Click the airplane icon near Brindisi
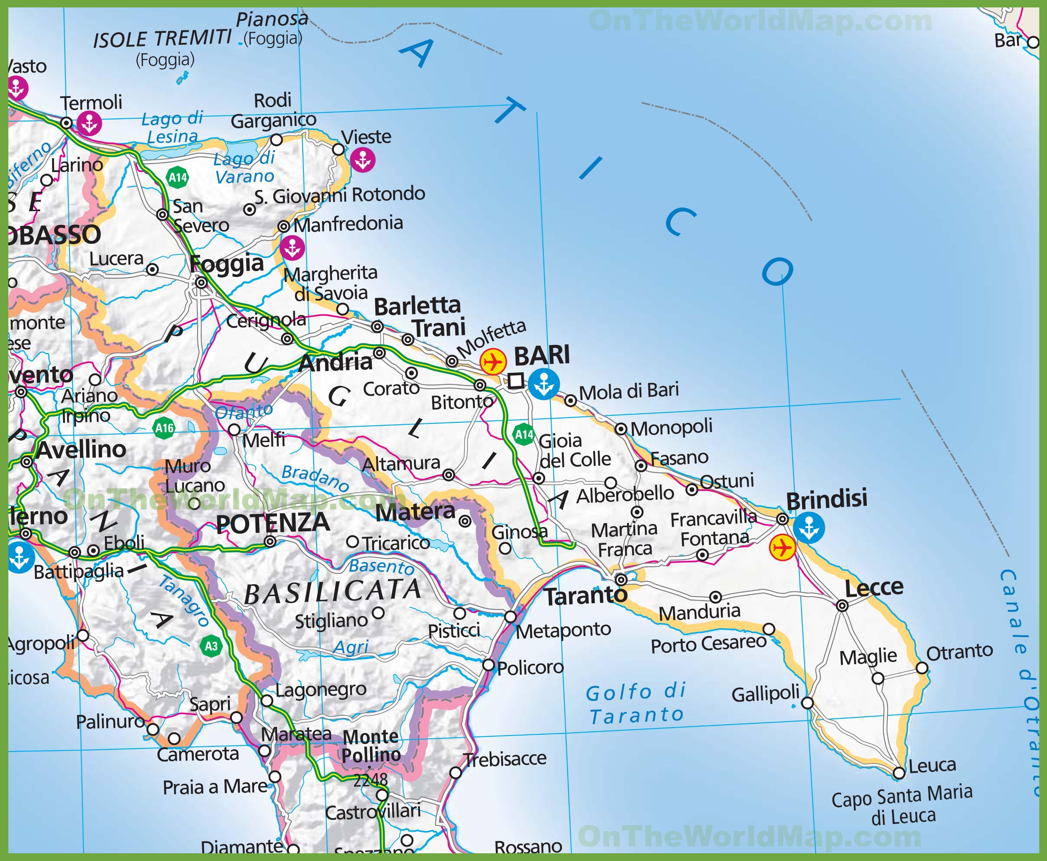pos(782,548)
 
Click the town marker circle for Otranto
pos(921,668)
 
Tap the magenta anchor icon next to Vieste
pos(363,160)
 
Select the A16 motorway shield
pos(164,428)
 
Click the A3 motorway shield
pos(211,646)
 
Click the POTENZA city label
pos(272,523)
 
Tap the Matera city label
pos(415,512)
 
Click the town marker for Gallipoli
pos(807,703)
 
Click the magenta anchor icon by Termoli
pos(89,123)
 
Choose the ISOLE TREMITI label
pos(162,39)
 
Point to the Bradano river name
pos(315,478)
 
